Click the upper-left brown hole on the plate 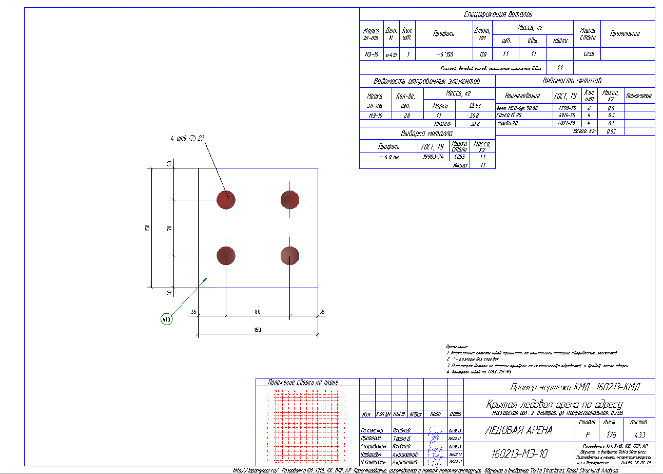pyautogui.click(x=226, y=199)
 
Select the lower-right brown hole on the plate pyautogui.click(x=290, y=256)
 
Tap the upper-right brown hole pyautogui.click(x=290, y=199)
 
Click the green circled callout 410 pyautogui.click(x=166, y=319)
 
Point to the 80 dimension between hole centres pyautogui.click(x=258, y=311)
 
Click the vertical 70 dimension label pyautogui.click(x=169, y=227)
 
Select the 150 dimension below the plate pyautogui.click(x=258, y=330)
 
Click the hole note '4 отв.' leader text pyautogui.click(x=188, y=138)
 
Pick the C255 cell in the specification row pyautogui.click(x=589, y=54)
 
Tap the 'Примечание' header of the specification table pyautogui.click(x=625, y=33)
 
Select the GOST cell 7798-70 pyautogui.click(x=567, y=108)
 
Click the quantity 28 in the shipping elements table pyautogui.click(x=407, y=116)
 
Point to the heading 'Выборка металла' pyautogui.click(x=426, y=134)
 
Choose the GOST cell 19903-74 pyautogui.click(x=434, y=157)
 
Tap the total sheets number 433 pyautogui.click(x=639, y=434)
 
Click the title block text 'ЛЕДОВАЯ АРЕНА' pyautogui.click(x=518, y=430)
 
